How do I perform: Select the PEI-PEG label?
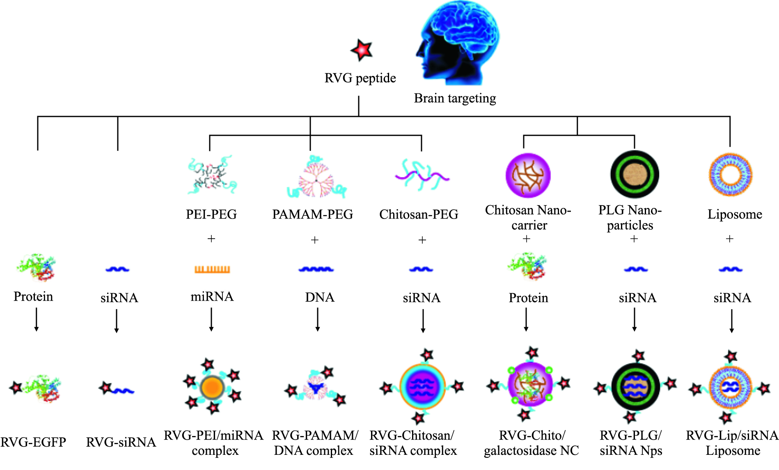coord(211,214)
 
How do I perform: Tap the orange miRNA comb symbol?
coord(212,269)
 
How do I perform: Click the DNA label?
coord(319,297)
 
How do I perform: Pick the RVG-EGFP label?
coord(33,442)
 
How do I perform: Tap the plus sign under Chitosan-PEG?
coord(422,240)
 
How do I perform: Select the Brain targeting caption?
coord(455,98)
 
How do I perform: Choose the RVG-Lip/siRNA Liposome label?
coord(732,443)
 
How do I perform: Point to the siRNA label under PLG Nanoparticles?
coord(637,298)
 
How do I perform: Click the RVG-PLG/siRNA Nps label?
coord(631,443)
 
